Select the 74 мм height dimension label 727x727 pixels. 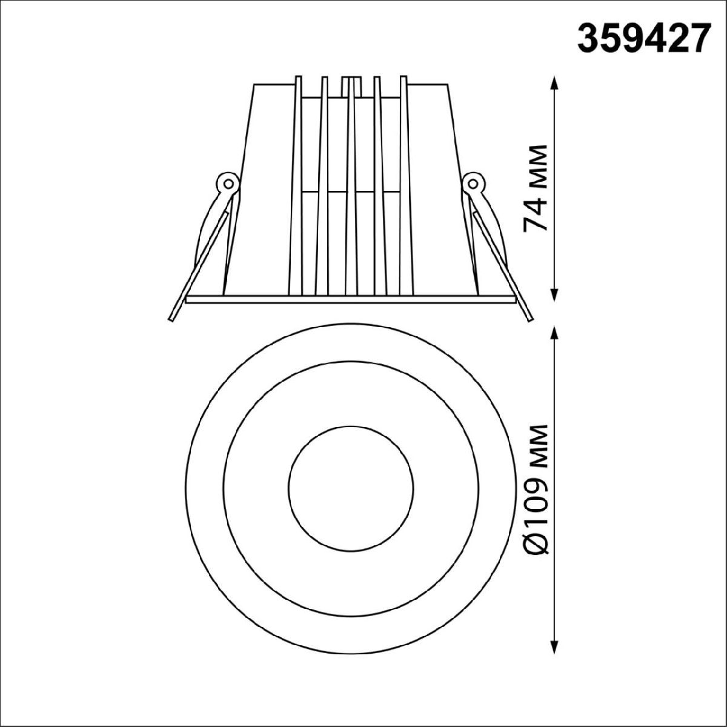coord(534,188)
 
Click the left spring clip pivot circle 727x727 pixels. coord(228,184)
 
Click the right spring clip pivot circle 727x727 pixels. coord(473,184)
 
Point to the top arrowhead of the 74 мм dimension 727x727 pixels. coord(554,87)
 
